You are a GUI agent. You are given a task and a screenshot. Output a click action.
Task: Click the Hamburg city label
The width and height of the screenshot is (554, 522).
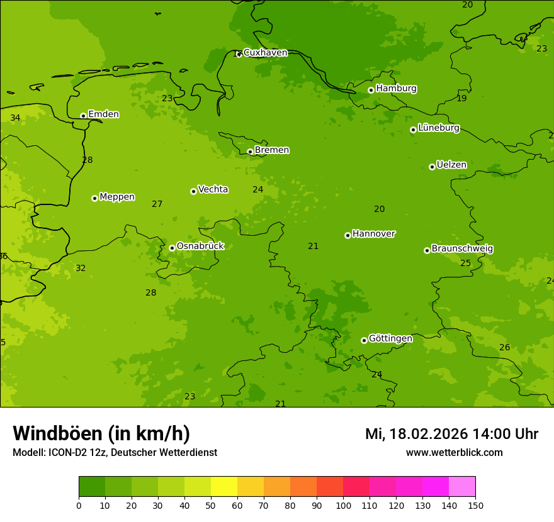pyautogui.click(x=396, y=89)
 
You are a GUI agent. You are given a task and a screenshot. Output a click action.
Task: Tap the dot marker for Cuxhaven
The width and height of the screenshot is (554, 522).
pyautogui.click(x=239, y=54)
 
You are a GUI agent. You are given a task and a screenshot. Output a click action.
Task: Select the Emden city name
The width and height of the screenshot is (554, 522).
pyautogui.click(x=103, y=114)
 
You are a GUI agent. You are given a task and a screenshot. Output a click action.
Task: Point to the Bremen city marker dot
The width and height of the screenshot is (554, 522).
pyautogui.click(x=250, y=152)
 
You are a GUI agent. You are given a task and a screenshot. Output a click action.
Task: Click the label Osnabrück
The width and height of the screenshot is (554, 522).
pyautogui.click(x=200, y=246)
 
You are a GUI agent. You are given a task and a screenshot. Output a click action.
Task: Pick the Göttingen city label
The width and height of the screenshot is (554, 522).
pyautogui.click(x=390, y=338)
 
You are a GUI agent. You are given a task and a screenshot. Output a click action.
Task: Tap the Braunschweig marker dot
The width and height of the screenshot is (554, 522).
pyautogui.click(x=427, y=250)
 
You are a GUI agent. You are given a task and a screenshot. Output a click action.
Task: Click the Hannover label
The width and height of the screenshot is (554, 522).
pyautogui.click(x=373, y=234)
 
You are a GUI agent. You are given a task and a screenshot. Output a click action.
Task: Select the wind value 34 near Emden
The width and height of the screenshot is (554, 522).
pyautogui.click(x=15, y=118)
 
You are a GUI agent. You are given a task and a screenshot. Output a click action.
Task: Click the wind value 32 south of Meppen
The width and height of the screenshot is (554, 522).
pyautogui.click(x=81, y=269)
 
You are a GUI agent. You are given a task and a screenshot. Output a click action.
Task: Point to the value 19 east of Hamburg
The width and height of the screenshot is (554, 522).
pyautogui.click(x=461, y=99)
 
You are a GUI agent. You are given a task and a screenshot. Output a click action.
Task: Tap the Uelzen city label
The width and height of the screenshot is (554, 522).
pyautogui.click(x=451, y=165)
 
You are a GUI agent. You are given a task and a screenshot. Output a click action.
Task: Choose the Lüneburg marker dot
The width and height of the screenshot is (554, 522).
pyautogui.click(x=413, y=130)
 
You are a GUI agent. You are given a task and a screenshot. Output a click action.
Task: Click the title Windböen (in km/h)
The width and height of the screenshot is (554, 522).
pyautogui.click(x=101, y=433)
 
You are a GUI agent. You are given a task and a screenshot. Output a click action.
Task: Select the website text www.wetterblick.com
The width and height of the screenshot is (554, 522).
pyautogui.click(x=454, y=453)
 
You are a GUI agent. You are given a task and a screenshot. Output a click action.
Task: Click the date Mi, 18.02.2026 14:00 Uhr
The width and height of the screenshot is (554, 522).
pyautogui.click(x=451, y=434)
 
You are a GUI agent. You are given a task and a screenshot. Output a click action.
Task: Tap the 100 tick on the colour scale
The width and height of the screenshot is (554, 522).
pyautogui.click(x=343, y=505)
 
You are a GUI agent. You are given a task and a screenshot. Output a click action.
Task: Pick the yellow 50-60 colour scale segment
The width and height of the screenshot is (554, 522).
pyautogui.click(x=224, y=487)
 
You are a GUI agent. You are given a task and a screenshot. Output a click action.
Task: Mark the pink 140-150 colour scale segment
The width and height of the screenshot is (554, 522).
pyautogui.click(x=462, y=487)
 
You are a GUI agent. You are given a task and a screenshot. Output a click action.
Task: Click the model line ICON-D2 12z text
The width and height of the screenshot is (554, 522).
pyautogui.click(x=115, y=453)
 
